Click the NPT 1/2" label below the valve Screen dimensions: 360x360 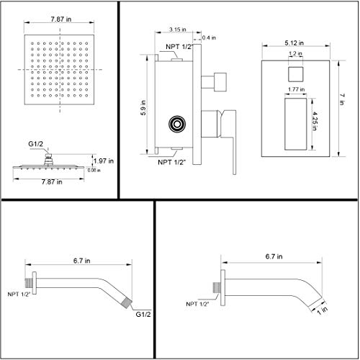174,162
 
